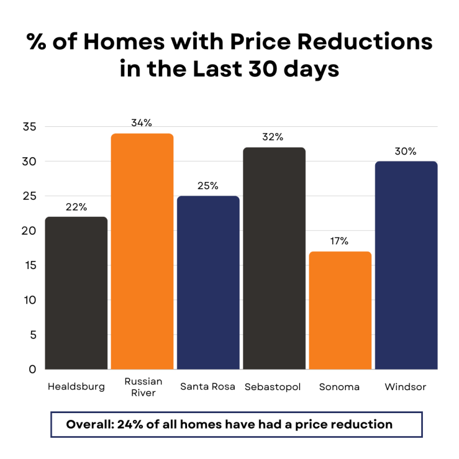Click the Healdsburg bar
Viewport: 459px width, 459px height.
tap(77, 293)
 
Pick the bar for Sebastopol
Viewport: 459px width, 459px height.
tap(274, 258)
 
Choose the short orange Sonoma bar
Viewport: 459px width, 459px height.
tap(340, 310)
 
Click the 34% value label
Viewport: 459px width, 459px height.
tap(141, 123)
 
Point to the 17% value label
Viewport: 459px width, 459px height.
tap(339, 241)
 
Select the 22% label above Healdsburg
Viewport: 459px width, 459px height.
tap(76, 207)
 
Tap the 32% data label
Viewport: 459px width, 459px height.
tap(273, 137)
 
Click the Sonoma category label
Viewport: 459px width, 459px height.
tap(339, 387)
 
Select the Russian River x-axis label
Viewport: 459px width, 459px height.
tap(143, 387)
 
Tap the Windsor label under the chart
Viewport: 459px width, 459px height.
tap(406, 387)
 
